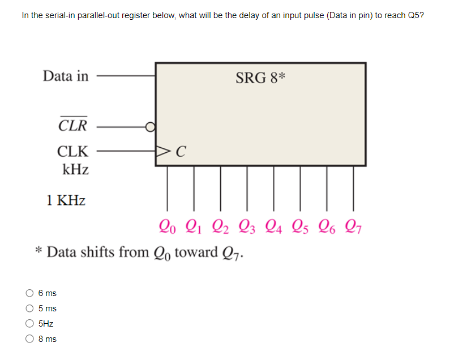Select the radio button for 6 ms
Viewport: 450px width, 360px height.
(x=29, y=293)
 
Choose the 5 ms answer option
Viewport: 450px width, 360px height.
(x=29, y=308)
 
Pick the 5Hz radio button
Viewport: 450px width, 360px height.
(x=29, y=324)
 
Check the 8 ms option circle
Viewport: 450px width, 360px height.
(x=29, y=339)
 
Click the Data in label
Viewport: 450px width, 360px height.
(x=66, y=76)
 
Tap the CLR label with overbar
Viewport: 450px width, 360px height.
(x=73, y=126)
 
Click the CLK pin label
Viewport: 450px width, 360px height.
(x=72, y=152)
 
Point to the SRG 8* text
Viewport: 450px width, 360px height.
(x=260, y=78)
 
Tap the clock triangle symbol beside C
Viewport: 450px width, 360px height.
(x=163, y=152)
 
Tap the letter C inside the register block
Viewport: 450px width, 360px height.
(x=181, y=152)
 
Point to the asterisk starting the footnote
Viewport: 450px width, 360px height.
(x=38, y=251)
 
